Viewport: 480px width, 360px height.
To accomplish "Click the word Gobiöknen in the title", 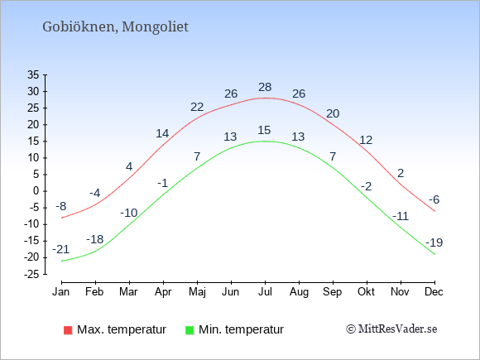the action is tap(79, 26).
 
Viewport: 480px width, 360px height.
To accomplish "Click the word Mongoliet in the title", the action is tap(156, 27).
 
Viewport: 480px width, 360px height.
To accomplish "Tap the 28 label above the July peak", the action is tap(265, 87).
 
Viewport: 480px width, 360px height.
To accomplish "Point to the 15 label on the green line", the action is tap(264, 130).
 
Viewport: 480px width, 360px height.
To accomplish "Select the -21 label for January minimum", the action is tap(61, 249).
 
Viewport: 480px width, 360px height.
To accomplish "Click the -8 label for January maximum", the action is tap(61, 206).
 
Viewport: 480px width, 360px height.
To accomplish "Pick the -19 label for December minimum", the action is tap(434, 242).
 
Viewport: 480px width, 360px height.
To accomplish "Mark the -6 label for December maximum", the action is tap(434, 199).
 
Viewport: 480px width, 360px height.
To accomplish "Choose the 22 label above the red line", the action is tap(197, 107).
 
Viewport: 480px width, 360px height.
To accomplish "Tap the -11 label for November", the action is tap(401, 217).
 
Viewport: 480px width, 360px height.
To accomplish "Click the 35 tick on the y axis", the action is tap(33, 74).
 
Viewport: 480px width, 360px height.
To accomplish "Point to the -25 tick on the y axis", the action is tap(31, 274).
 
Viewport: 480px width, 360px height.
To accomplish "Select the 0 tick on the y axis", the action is tap(36, 191).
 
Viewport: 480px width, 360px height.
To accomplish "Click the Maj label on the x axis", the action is tap(197, 292).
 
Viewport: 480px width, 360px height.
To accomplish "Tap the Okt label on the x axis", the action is tap(366, 292).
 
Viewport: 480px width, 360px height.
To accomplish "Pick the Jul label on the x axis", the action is tap(265, 292).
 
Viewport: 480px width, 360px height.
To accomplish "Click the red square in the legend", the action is tap(68, 330).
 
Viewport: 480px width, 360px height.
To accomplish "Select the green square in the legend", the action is tap(190, 330).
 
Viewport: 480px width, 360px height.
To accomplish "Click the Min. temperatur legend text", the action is tap(241, 329).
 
